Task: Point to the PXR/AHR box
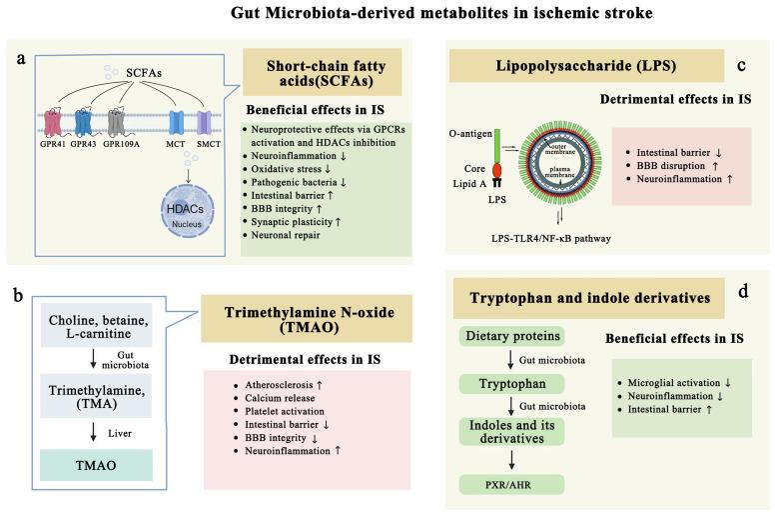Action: click(x=507, y=485)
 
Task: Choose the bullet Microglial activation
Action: click(x=685, y=382)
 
